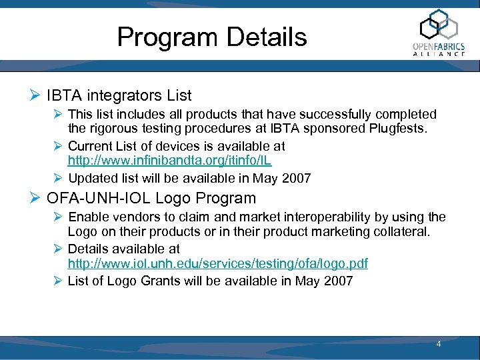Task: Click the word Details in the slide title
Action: [267, 37]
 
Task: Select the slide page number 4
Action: [439, 344]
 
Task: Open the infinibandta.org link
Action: [169, 161]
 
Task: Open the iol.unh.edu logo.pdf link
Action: [218, 264]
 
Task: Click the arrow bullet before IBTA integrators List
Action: [36, 96]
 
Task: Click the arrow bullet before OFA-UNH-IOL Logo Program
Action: [36, 198]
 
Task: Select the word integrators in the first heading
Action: [117, 96]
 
